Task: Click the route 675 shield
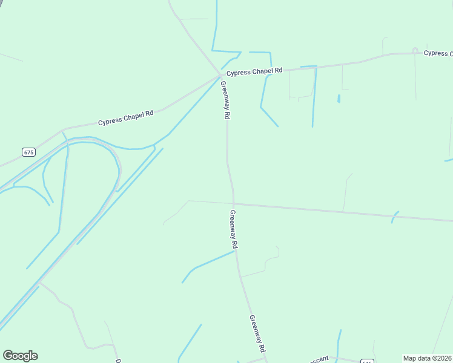click(x=28, y=152)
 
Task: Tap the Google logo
click(x=20, y=356)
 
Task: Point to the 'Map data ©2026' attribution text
click(x=427, y=358)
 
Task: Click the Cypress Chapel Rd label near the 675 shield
click(x=126, y=117)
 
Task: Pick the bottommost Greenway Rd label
click(x=257, y=333)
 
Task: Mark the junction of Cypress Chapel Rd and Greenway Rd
click(x=220, y=76)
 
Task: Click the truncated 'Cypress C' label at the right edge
click(x=438, y=53)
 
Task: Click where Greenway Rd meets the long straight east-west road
click(x=234, y=204)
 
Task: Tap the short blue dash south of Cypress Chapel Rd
click(x=339, y=98)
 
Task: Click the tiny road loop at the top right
click(x=415, y=50)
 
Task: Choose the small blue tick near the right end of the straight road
click(x=395, y=216)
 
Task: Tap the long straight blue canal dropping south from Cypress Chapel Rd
click(x=314, y=97)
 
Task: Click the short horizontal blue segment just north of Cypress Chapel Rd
click(x=259, y=53)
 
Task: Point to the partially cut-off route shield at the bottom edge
click(x=367, y=361)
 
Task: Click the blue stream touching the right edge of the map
click(x=449, y=160)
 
